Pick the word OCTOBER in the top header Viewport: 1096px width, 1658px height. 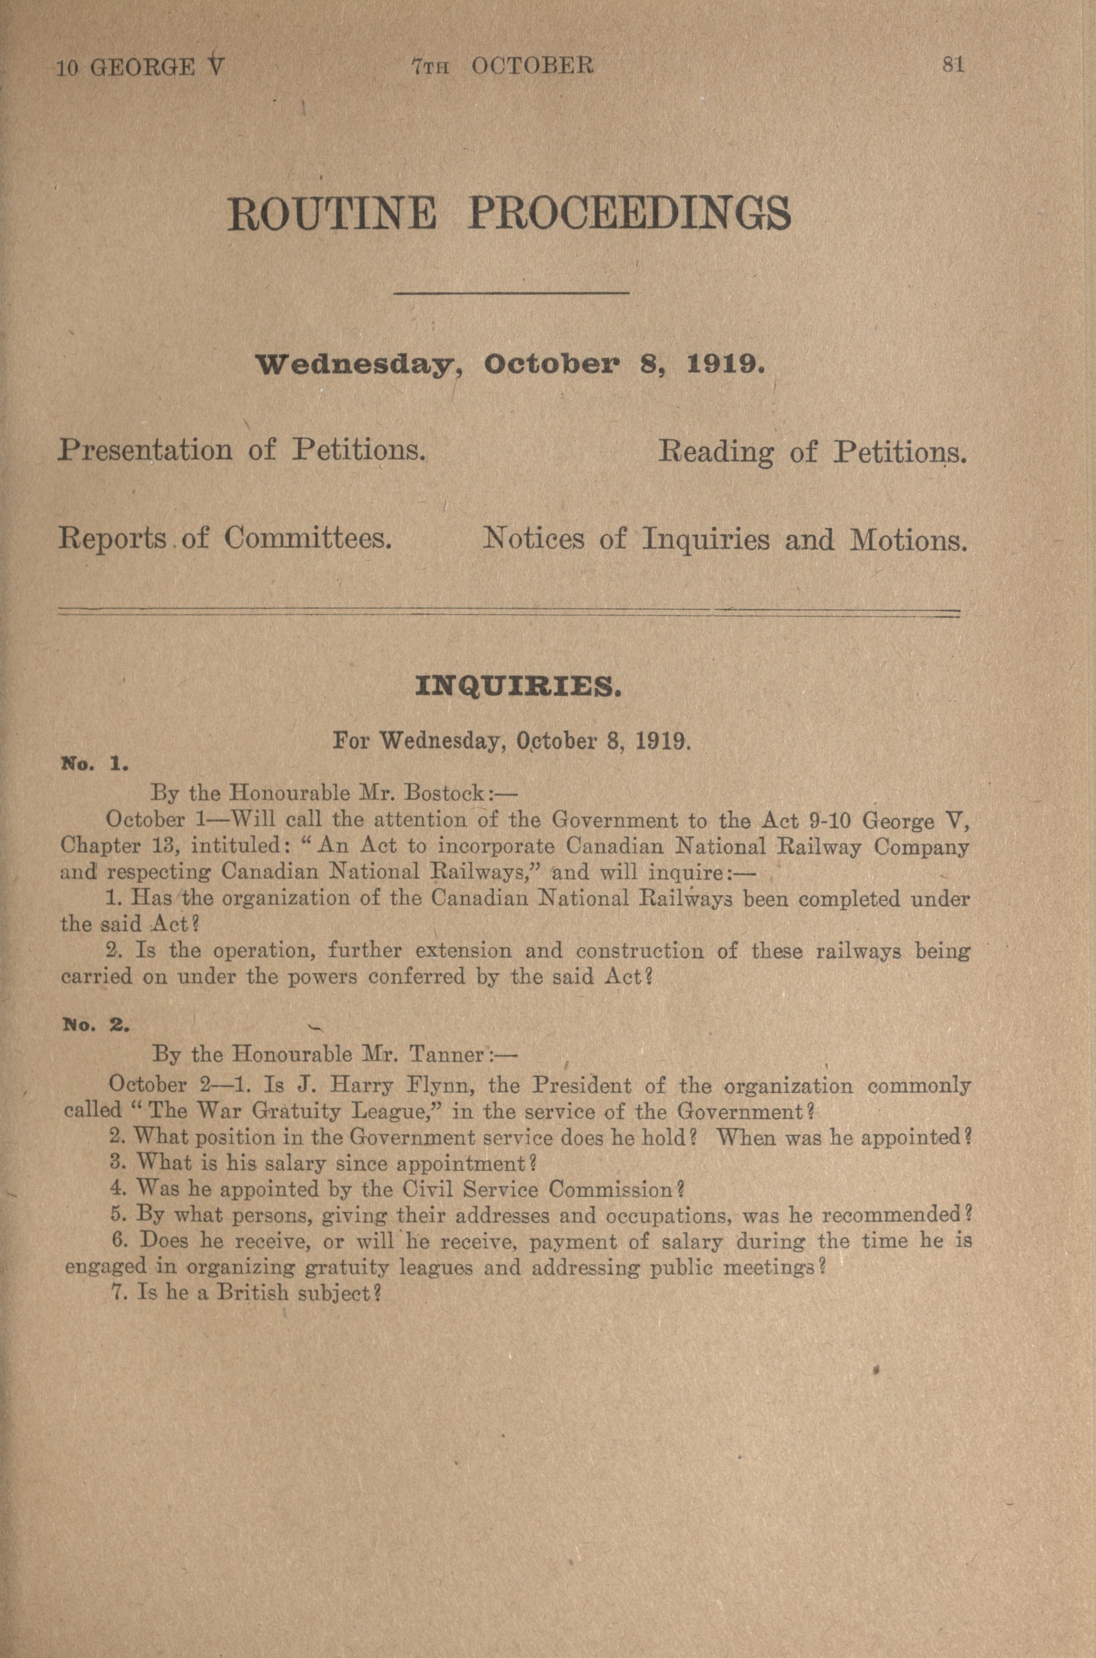tap(533, 66)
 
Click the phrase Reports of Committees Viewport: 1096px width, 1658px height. tap(225, 539)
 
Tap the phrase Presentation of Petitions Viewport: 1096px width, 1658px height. tap(243, 450)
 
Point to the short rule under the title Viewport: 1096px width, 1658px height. tap(512, 293)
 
